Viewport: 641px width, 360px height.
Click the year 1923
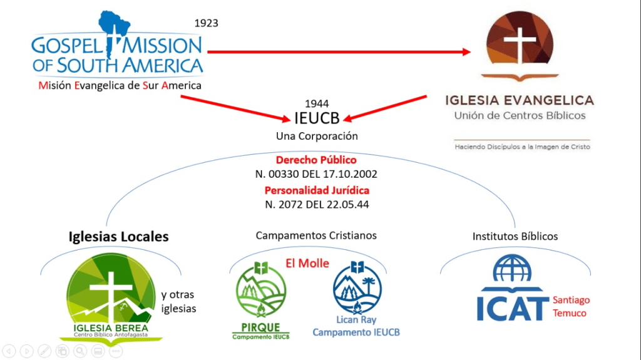(206, 23)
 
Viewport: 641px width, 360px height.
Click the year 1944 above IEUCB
(317, 103)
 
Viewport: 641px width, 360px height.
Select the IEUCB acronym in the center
(317, 118)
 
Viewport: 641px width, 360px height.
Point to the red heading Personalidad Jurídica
(317, 190)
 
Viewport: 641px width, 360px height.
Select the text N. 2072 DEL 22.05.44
(317, 204)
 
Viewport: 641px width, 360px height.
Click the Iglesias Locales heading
(118, 237)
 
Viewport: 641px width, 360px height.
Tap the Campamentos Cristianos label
(316, 235)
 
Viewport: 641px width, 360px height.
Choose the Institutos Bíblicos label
(515, 236)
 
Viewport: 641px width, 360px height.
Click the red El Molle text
(307, 263)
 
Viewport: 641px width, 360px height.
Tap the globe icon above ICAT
(511, 268)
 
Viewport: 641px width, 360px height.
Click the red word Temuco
(570, 312)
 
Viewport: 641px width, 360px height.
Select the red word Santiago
(571, 300)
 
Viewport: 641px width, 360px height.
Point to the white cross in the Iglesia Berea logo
(111, 288)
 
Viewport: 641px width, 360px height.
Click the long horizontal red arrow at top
(338, 52)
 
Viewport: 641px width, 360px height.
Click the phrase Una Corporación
(317, 135)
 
